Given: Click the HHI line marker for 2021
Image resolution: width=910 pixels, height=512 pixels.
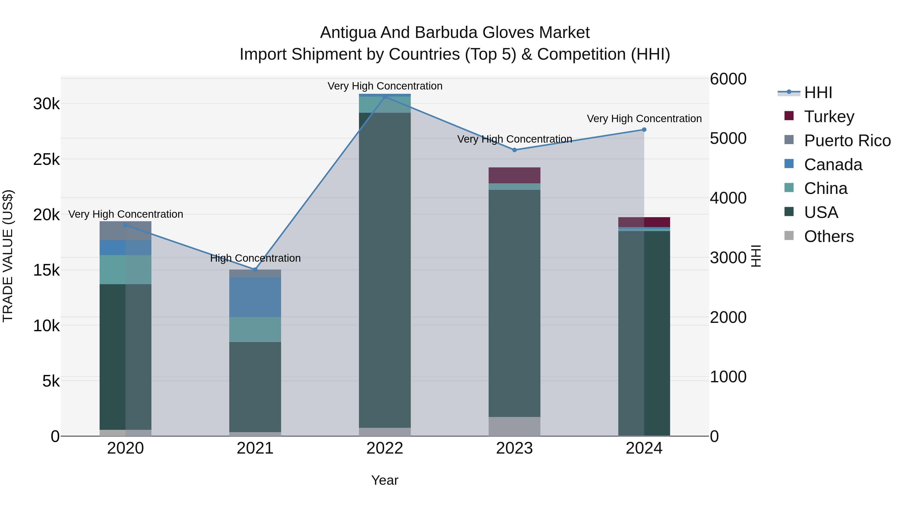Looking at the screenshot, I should click(255, 270).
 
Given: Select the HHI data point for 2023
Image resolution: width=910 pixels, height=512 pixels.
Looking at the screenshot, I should click(514, 150).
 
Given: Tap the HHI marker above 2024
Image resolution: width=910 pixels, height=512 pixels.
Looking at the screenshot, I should click(644, 130).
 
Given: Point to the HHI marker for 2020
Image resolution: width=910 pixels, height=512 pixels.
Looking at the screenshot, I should click(125, 225).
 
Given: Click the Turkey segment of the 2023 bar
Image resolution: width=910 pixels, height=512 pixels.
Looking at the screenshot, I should click(514, 175).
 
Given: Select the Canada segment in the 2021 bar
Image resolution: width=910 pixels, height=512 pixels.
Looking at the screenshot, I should click(255, 297).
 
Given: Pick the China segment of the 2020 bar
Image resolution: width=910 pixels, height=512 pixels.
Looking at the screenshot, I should click(125, 270).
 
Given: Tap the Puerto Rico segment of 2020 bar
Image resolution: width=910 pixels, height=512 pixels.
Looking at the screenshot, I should click(125, 231).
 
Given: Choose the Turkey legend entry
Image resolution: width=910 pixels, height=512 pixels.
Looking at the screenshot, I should click(829, 117).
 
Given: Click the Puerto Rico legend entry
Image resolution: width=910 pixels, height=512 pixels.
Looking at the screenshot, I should click(847, 141).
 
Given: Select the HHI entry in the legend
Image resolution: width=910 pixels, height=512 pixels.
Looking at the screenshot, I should click(818, 93).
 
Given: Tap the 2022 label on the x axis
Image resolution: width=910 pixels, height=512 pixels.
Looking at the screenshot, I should click(385, 448).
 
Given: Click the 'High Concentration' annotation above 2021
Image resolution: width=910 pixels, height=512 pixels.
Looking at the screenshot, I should click(255, 258).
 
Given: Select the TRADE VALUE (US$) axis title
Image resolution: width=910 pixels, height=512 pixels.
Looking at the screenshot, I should click(8, 256).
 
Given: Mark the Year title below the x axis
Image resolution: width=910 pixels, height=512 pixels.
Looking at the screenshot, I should click(385, 480).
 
